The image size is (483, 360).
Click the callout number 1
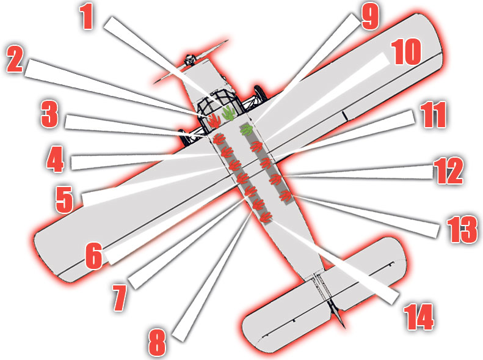pyautogui.click(x=88, y=18)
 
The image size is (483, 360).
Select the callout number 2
pyautogui.click(x=16, y=61)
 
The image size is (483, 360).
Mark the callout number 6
pyautogui.click(x=93, y=256)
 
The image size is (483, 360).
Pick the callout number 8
pyautogui.click(x=157, y=343)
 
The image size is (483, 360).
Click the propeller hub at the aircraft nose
pyautogui.click(x=190, y=59)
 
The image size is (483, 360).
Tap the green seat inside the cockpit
pyautogui.click(x=228, y=112)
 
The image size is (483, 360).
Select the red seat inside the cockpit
pyautogui.click(x=213, y=120)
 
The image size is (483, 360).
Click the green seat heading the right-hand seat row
pyautogui.click(x=246, y=130)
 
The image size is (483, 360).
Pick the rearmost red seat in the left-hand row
pyautogui.click(x=265, y=216)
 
